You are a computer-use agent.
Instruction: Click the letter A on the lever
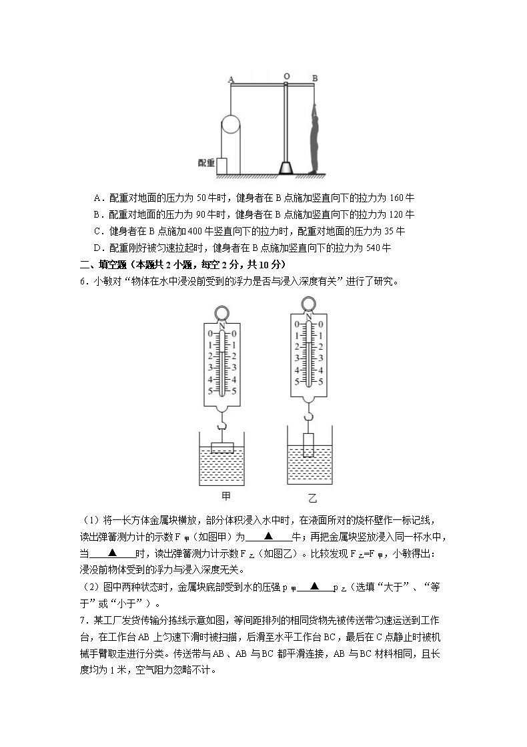pyautogui.click(x=231, y=79)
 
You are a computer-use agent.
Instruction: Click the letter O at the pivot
pyautogui.click(x=286, y=77)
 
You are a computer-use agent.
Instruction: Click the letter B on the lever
pyautogui.click(x=315, y=78)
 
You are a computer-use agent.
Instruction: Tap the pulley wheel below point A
pyautogui.click(x=231, y=126)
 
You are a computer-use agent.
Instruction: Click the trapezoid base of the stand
pyautogui.click(x=286, y=168)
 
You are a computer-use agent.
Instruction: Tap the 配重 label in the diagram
pyautogui.click(x=206, y=162)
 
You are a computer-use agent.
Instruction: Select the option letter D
pyautogui.click(x=97, y=248)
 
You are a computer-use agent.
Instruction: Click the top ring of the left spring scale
pyautogui.click(x=222, y=313)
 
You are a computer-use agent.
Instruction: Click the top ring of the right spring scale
pyautogui.click(x=308, y=304)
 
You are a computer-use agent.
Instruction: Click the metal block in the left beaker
pyautogui.click(x=222, y=448)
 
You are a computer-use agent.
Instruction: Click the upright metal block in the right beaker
pyautogui.click(x=308, y=445)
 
